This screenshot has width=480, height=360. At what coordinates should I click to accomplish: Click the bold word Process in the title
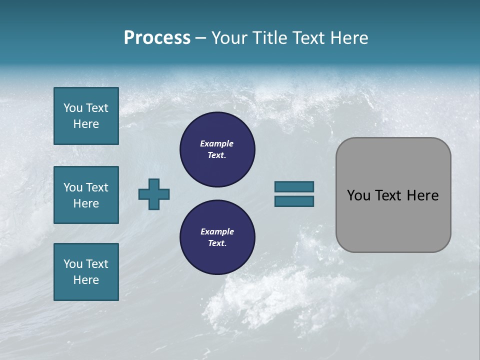tap(157, 38)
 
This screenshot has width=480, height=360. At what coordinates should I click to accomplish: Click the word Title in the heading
tap(269, 38)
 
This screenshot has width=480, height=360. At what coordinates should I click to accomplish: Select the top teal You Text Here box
tap(86, 116)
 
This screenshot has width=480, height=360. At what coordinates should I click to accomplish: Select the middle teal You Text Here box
tap(86, 195)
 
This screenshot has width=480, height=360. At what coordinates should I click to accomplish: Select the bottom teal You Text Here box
tap(86, 272)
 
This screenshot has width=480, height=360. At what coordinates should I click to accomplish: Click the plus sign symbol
tap(154, 194)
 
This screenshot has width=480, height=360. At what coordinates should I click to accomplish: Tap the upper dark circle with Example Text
tap(217, 149)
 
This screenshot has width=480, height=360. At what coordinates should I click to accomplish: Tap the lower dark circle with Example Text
tap(217, 237)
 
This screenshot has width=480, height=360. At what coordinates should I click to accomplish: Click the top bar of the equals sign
tap(294, 186)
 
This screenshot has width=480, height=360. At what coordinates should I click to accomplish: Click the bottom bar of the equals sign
tap(294, 201)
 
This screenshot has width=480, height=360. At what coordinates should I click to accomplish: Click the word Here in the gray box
tap(422, 195)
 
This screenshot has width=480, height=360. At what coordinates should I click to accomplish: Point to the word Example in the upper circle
tap(217, 143)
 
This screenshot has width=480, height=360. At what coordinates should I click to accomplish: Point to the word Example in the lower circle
tap(217, 231)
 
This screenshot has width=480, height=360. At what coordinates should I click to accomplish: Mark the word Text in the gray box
tap(388, 195)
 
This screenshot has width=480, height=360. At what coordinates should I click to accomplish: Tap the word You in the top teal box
tap(72, 108)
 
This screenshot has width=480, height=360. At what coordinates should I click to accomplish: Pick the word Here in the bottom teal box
tap(86, 280)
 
